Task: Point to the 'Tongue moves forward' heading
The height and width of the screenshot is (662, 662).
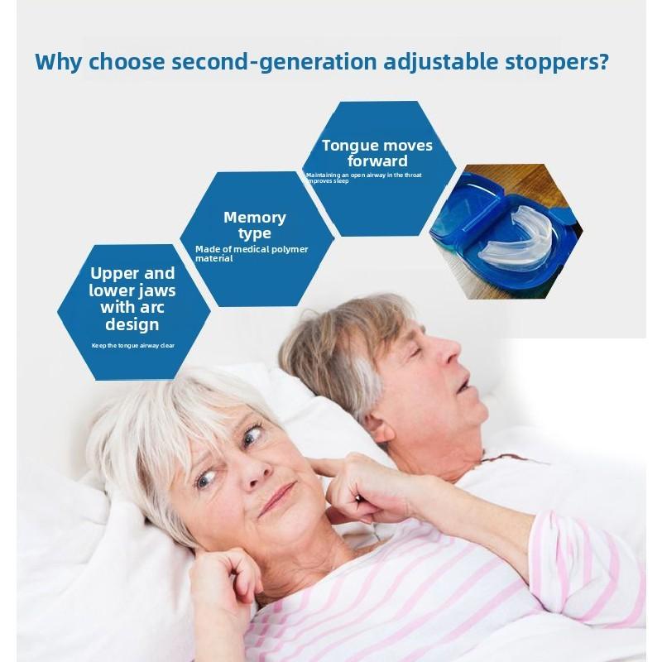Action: (377, 153)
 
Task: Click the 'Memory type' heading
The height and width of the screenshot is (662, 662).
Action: (255, 225)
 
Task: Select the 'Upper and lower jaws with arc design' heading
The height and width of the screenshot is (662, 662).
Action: (132, 298)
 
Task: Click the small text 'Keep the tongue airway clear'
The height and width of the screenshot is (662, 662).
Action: (133, 345)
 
